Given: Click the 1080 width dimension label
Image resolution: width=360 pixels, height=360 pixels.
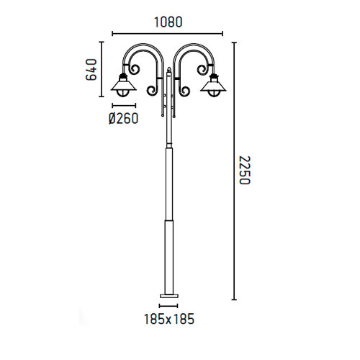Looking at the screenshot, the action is (168, 22).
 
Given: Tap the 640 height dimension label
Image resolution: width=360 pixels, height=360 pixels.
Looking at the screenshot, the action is (91, 70).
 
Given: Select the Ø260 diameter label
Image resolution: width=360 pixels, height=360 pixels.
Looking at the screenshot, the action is (124, 118).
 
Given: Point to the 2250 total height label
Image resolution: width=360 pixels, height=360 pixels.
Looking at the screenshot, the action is (245, 170).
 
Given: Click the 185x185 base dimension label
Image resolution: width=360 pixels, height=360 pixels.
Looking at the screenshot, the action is (169, 319).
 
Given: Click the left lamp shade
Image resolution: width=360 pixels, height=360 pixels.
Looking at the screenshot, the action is (124, 85).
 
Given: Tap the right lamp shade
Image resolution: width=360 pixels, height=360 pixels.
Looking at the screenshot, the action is (213, 86).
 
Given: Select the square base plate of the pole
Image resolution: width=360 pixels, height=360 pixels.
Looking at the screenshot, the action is (169, 295).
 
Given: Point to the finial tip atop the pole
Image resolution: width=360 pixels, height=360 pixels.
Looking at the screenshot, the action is (169, 68).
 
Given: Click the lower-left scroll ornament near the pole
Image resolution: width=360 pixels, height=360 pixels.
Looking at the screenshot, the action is (152, 90).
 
